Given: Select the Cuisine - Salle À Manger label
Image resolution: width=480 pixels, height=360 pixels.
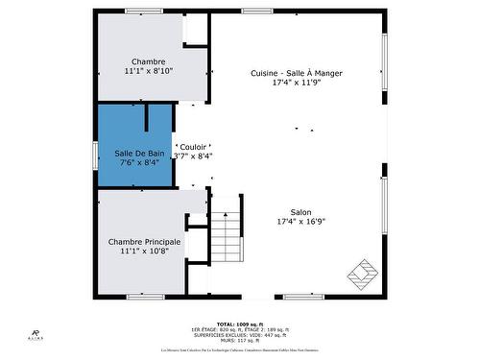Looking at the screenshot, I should coord(296,73).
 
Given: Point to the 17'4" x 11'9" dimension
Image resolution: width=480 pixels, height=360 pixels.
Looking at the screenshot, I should coord(296,84).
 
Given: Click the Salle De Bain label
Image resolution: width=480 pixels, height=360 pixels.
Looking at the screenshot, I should coord(138,153).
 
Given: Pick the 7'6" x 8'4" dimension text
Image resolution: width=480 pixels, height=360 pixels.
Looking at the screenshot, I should coord(138,163).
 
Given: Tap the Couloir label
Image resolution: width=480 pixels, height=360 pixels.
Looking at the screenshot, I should coord(193,147).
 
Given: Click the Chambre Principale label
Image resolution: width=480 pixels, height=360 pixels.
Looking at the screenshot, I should coord(144,241).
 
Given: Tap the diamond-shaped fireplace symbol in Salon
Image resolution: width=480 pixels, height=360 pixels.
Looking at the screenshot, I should coord(364,272).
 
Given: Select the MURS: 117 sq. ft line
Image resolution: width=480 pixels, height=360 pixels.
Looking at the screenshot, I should coord(239,340).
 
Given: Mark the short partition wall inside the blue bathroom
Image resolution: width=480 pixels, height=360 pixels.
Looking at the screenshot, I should coord(145,118).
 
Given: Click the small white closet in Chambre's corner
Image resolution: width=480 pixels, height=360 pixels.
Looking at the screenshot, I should coord(196,29).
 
